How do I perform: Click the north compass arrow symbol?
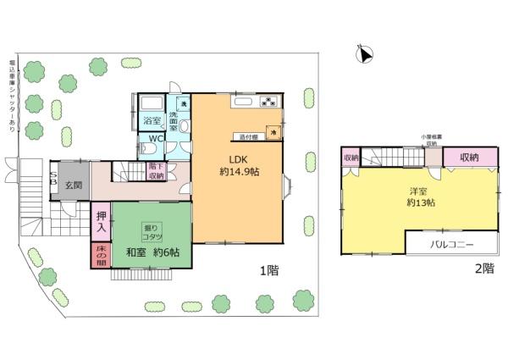point(365,55)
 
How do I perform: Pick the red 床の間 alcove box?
point(99,257)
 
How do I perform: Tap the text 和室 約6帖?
point(158,252)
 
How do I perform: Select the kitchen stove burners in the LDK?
point(268,102)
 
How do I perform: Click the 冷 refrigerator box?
point(273,132)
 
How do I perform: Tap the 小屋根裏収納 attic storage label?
point(432,140)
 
